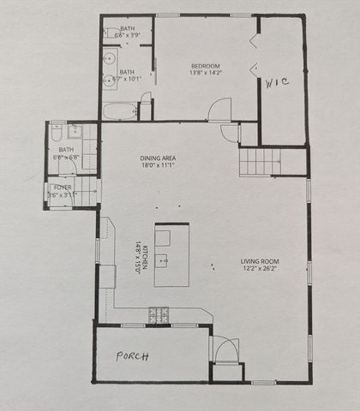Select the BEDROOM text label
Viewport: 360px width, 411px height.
(206, 66)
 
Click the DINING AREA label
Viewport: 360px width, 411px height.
(159, 158)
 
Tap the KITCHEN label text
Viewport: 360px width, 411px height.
(145, 254)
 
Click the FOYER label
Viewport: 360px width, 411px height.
(63, 187)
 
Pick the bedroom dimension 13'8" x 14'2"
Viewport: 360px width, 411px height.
(206, 74)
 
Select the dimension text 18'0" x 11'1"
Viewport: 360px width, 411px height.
(159, 166)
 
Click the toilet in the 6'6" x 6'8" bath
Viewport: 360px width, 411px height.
(55, 134)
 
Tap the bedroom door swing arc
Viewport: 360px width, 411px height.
(221, 110)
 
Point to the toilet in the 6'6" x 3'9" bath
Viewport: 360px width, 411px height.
(110, 34)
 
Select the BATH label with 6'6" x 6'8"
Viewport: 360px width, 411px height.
(66, 150)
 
